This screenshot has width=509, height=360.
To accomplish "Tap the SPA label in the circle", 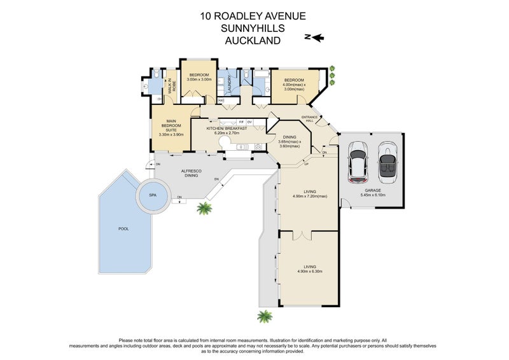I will click(153, 195).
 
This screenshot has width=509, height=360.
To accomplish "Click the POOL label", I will click(123, 228).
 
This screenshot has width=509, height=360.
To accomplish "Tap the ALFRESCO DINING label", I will click(192, 173).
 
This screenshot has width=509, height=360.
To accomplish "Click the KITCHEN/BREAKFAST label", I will click(227, 128).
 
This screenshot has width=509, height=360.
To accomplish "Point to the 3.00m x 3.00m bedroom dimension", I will click(199, 80).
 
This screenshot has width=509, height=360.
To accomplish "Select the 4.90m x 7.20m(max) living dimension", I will click(309, 197).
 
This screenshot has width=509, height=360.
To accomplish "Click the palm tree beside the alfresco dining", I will click(205, 208).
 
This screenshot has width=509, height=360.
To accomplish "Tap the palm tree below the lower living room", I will click(264, 316).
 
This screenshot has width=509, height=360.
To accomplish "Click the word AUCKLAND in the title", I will click(254, 40).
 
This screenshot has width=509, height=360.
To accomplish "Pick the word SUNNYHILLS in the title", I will click(254, 29).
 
